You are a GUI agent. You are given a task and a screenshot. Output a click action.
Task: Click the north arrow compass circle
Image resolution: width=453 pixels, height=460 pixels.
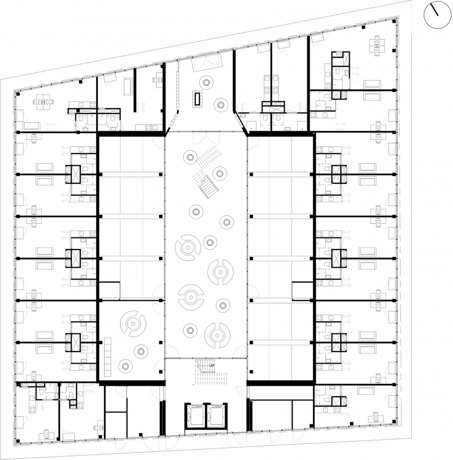tap(438, 14)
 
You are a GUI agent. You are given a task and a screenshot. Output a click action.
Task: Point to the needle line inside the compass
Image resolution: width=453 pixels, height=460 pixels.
tap(435, 10)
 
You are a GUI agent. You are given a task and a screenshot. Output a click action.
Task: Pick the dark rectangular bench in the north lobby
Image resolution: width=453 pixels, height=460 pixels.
tap(197, 99)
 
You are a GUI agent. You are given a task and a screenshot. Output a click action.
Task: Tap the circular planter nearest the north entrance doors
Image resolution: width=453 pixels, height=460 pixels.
tap(206, 82)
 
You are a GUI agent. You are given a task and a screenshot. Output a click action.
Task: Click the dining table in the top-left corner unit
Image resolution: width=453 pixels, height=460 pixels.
tap(42, 101)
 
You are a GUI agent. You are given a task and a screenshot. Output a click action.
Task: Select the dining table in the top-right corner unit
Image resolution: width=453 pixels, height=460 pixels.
tap(377, 45)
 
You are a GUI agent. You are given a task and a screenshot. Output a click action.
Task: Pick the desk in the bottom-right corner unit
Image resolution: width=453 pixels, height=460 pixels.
tap(376, 417)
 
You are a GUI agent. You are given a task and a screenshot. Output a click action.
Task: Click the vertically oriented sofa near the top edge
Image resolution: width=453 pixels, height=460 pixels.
tap(128, 86)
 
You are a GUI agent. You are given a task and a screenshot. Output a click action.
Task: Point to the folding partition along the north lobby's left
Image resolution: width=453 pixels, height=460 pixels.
tap(178, 90)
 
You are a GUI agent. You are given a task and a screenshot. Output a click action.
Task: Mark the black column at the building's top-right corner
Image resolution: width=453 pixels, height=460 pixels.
tap(394, 19)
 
